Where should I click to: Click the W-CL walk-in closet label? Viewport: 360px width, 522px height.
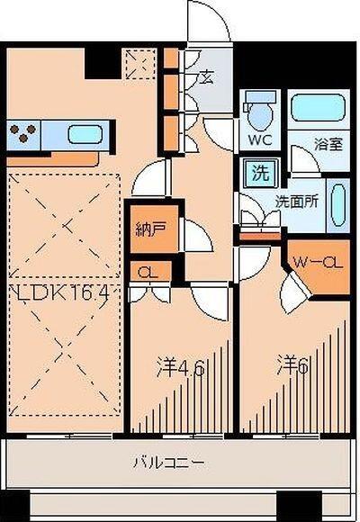pos(318,263)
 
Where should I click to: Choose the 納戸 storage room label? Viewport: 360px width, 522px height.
pos(149,229)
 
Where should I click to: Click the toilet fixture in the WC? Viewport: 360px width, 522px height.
pos(258,112)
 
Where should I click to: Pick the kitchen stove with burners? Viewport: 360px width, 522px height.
pos(23,136)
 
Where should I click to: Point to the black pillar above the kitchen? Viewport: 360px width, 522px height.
pos(99,62)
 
